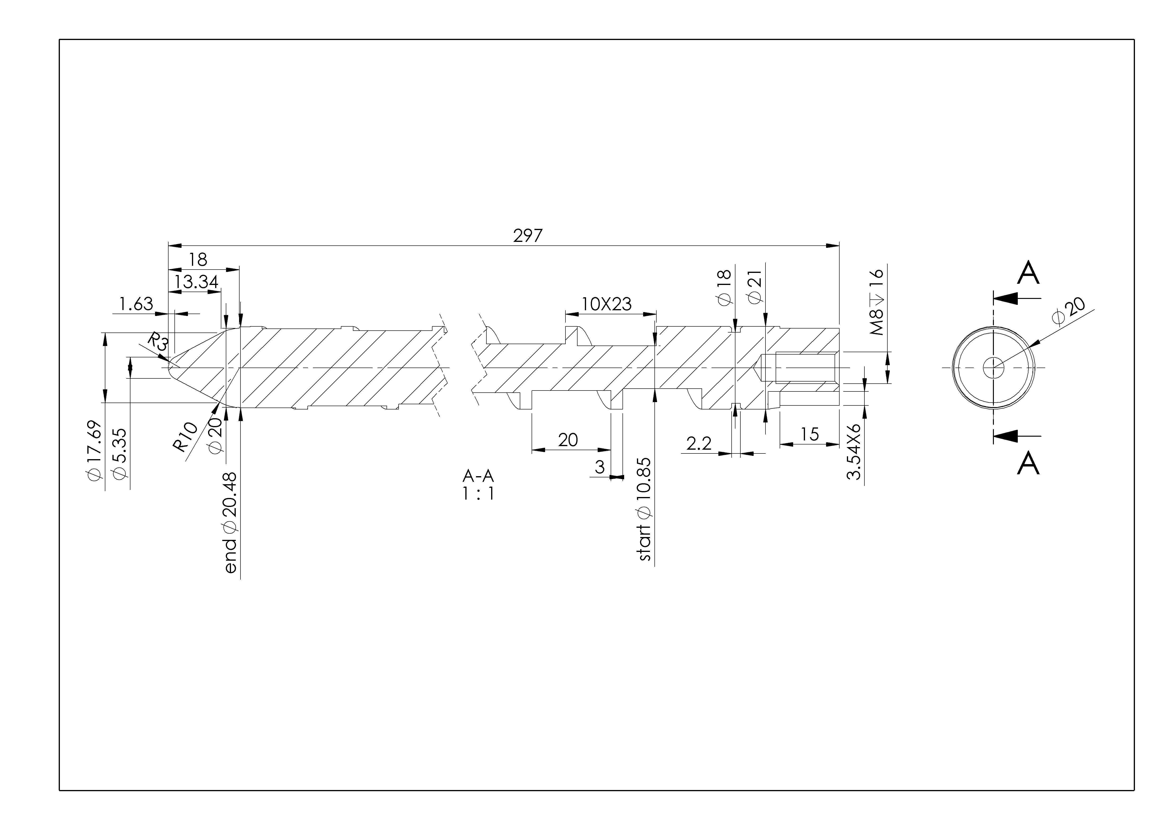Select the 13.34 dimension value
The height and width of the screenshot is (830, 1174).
(196, 282)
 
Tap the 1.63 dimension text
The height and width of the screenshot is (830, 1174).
(136, 304)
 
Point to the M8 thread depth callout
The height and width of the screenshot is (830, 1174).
(876, 302)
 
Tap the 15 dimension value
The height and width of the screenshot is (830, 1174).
(809, 434)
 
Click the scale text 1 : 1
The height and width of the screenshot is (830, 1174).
(478, 494)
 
